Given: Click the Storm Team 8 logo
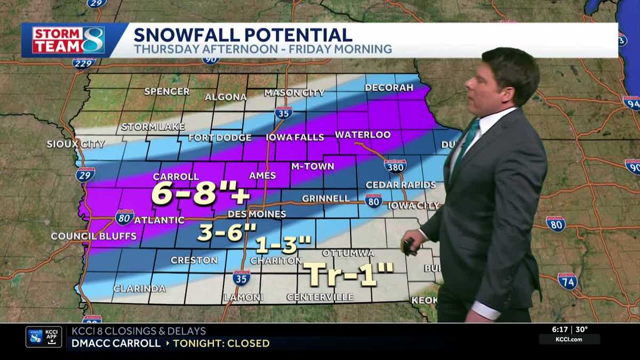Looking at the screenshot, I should click(x=68, y=40).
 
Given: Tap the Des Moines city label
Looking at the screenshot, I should click(x=257, y=214).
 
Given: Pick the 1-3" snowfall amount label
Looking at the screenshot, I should click(x=283, y=245).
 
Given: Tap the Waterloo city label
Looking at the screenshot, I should click(x=363, y=135).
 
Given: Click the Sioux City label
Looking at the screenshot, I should click(x=76, y=144).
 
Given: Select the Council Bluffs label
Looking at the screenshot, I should click(x=93, y=236).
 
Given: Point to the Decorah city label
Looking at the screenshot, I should click(x=389, y=87).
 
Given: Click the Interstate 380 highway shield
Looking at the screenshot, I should click(x=395, y=166).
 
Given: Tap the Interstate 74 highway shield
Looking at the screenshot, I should click(x=567, y=281).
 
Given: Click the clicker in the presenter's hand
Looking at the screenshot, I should click(x=410, y=246).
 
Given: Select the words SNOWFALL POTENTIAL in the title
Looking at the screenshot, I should click(x=243, y=35).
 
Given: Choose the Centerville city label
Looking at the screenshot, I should click(x=319, y=297).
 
